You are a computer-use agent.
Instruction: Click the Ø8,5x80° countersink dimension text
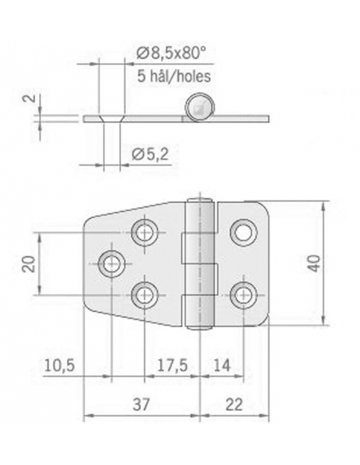click(x=171, y=53)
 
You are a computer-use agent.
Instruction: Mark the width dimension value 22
click(x=234, y=404)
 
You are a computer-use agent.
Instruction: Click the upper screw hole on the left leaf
click(x=145, y=232)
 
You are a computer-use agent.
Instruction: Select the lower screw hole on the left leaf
click(x=145, y=294)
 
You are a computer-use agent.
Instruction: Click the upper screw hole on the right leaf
click(x=242, y=232)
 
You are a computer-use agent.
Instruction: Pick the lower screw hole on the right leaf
click(x=242, y=294)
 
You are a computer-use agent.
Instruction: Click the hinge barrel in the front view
click(x=202, y=263)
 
